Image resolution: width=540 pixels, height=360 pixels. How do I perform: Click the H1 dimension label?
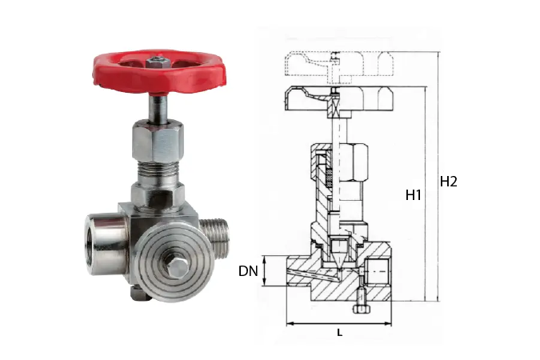point(414,195)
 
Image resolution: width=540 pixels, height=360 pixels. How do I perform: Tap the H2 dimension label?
point(448,182)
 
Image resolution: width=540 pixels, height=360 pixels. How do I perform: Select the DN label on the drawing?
point(248,271)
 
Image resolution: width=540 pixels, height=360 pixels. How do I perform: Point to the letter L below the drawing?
point(339,333)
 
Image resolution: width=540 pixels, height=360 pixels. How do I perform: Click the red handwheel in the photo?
point(159,72)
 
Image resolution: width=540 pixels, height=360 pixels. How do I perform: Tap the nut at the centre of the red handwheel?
point(157,62)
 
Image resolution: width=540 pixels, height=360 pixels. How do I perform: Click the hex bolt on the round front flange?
point(178,266)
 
